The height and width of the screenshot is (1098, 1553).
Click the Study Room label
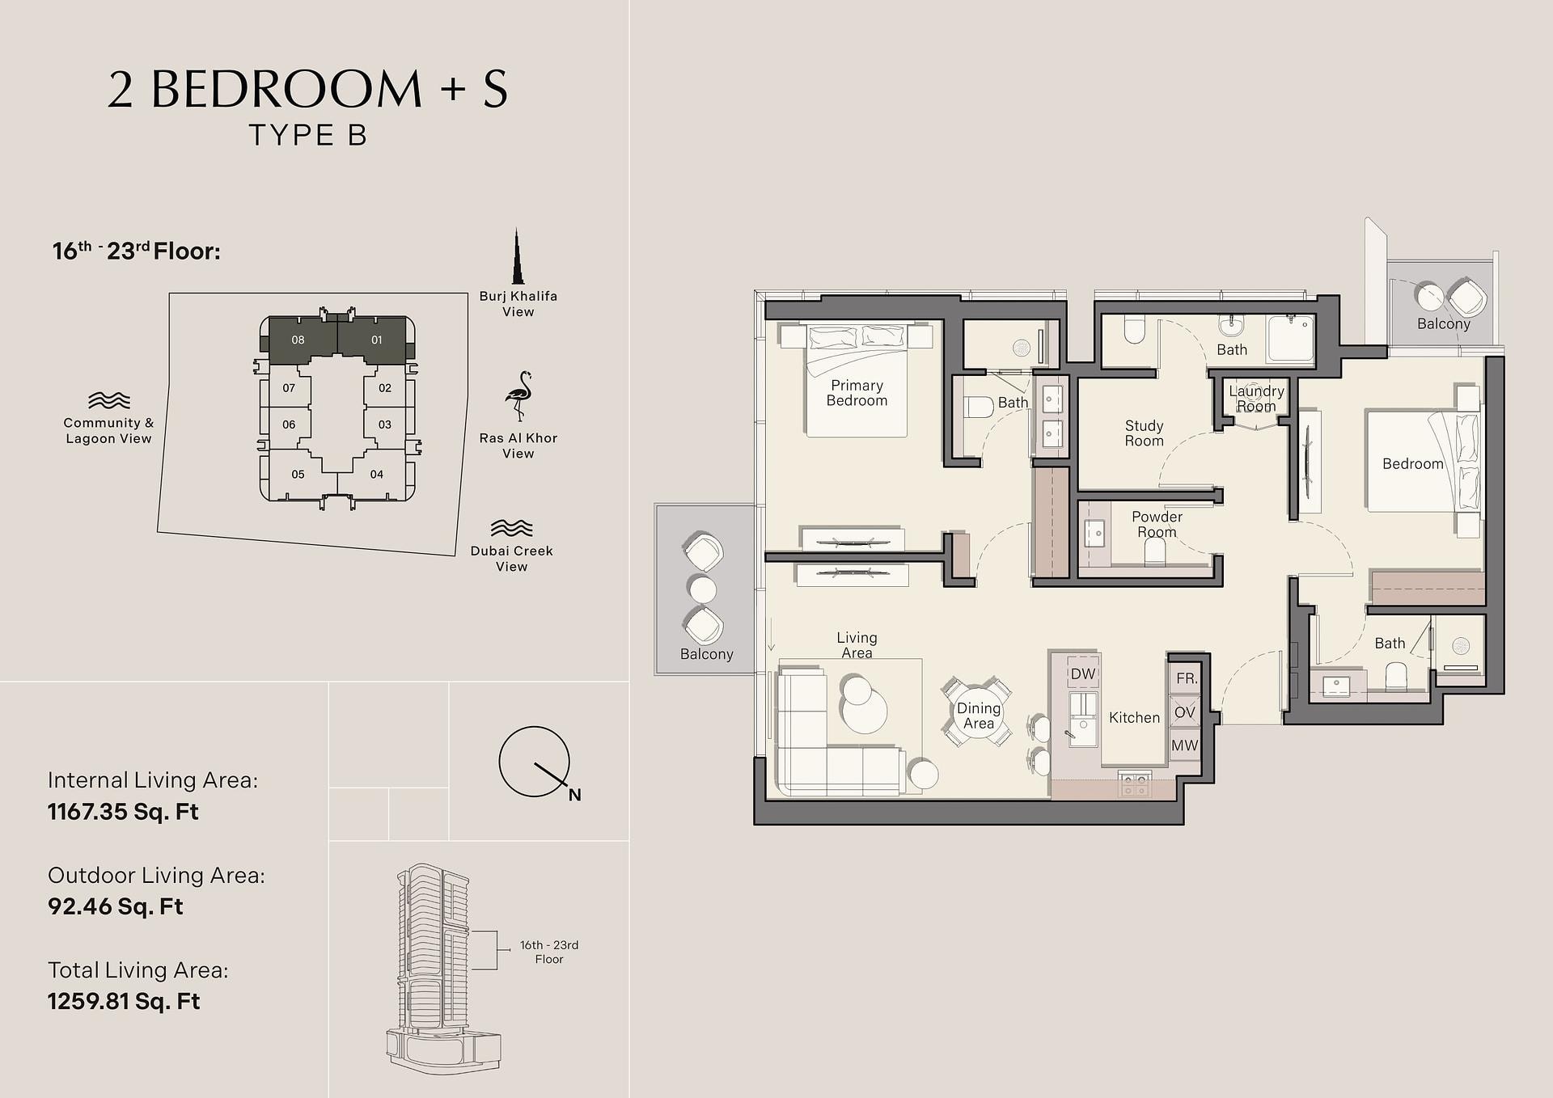(1144, 433)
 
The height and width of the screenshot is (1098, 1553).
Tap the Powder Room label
(1157, 524)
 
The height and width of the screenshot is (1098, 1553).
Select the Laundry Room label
(1256, 399)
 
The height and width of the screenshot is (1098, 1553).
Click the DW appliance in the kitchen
(1082, 674)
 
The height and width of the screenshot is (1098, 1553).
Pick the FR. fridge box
(1185, 678)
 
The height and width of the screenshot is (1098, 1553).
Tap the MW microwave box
(1185, 745)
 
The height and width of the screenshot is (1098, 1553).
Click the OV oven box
(1185, 712)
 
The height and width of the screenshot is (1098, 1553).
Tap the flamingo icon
(518, 396)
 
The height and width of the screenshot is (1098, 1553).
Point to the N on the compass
(574, 795)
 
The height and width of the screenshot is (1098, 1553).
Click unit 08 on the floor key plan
(298, 340)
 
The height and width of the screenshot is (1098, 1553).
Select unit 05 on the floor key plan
(298, 475)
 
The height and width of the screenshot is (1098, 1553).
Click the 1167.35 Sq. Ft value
(123, 812)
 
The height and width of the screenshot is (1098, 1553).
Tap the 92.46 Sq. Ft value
(116, 906)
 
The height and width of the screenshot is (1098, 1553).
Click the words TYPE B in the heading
(308, 135)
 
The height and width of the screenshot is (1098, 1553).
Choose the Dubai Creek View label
(512, 559)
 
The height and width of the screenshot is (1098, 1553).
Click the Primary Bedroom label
(857, 393)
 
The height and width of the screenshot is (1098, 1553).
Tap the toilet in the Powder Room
(1155, 551)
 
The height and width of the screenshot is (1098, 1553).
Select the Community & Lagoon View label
(108, 430)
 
